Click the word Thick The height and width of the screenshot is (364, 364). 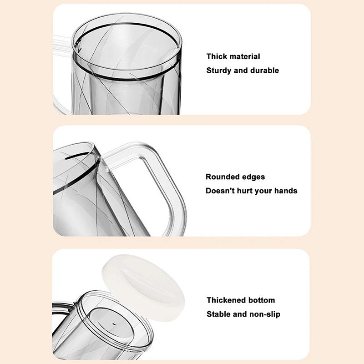217,56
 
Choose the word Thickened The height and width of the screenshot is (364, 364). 226,300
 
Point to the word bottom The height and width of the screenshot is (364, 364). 261,300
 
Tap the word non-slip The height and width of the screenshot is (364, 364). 264,314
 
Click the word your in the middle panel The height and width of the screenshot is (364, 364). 264,191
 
